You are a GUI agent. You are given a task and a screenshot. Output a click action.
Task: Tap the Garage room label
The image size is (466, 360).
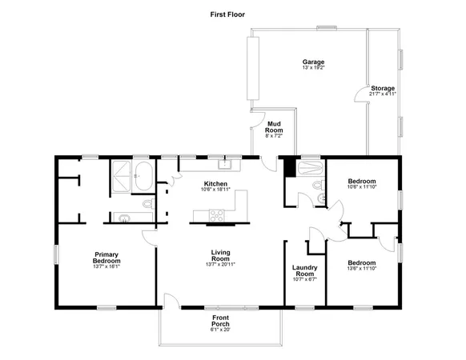(x=312, y=62)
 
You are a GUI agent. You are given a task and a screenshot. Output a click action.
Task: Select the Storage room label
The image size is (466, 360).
(x=382, y=88)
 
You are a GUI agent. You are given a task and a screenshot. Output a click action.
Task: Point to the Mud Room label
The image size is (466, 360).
(x=273, y=124)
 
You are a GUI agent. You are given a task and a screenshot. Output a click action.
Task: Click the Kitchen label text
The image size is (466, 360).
(x=215, y=185)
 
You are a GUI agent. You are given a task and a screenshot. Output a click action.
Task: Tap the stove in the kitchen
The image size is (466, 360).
(x=216, y=213)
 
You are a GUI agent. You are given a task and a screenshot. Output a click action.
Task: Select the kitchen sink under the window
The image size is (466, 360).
(x=226, y=166)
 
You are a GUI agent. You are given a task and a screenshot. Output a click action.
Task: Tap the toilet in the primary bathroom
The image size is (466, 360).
(x=147, y=206)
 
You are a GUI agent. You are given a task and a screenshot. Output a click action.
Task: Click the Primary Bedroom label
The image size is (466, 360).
(x=106, y=258)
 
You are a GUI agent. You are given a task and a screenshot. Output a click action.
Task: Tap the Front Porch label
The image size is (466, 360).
(x=219, y=321)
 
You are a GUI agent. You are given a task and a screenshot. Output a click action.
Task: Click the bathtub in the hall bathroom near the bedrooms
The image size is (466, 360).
(x=307, y=169)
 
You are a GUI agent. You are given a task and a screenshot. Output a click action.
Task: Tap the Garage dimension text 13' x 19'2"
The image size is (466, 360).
(x=312, y=69)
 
